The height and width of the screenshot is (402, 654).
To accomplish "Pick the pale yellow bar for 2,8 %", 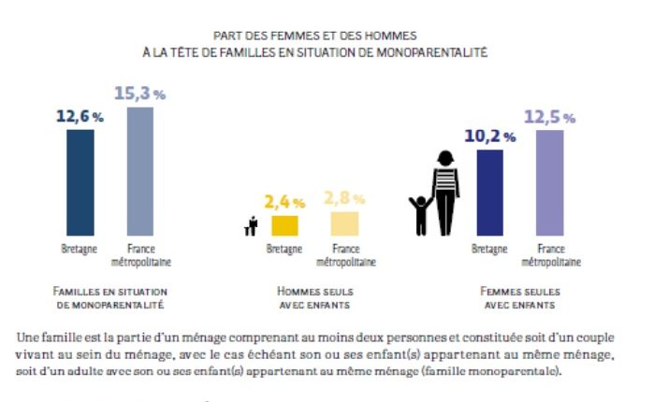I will [x=343, y=223].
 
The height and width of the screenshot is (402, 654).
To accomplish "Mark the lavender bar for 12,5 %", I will [x=550, y=183].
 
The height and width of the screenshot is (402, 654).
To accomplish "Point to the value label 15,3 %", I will [x=139, y=93].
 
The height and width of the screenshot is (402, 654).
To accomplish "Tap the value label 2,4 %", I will [x=283, y=201].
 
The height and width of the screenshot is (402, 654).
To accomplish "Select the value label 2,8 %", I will [x=343, y=197].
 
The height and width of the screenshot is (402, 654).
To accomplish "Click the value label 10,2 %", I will [x=489, y=136].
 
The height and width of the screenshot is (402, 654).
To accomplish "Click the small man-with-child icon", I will [x=250, y=227].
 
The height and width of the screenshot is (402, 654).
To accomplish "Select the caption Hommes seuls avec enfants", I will [x=315, y=297].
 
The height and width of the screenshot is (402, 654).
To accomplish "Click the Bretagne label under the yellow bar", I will [x=283, y=249].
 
